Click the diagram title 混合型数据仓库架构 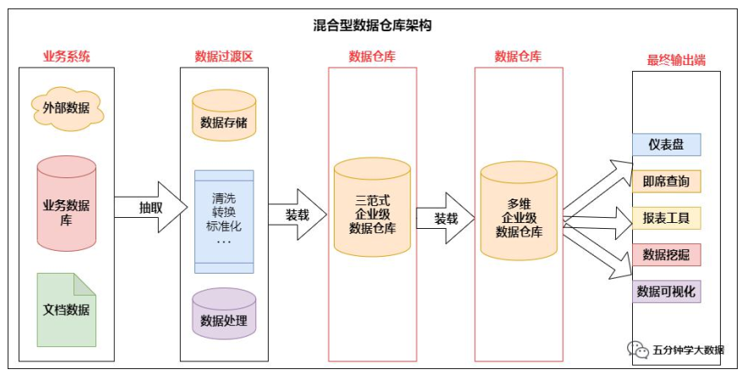coord(373,26)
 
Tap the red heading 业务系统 coord(67,57)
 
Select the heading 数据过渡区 coord(224,57)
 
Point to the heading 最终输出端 coord(676,60)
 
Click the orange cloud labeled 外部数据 coord(66,107)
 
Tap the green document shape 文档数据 coord(66,308)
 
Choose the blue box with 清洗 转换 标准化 coord(224,220)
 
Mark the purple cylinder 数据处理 coord(224,313)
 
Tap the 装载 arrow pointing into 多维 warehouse coord(447,218)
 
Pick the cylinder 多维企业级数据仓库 coord(519,212)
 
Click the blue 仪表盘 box coord(666,144)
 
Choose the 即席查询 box coord(666,182)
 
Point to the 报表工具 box coord(666,218)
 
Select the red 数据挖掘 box coord(666,254)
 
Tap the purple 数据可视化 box coord(666,291)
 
